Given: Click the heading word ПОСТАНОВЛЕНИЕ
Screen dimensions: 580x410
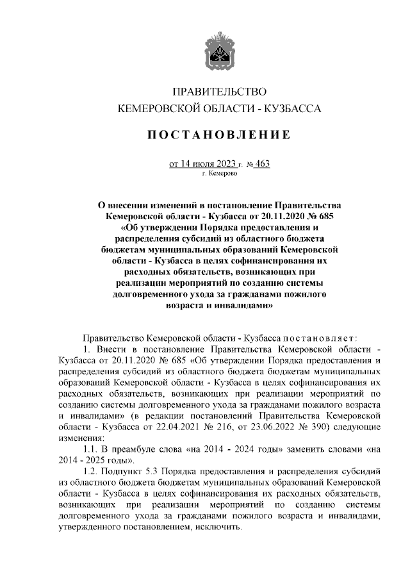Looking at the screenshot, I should [x=215, y=135].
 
